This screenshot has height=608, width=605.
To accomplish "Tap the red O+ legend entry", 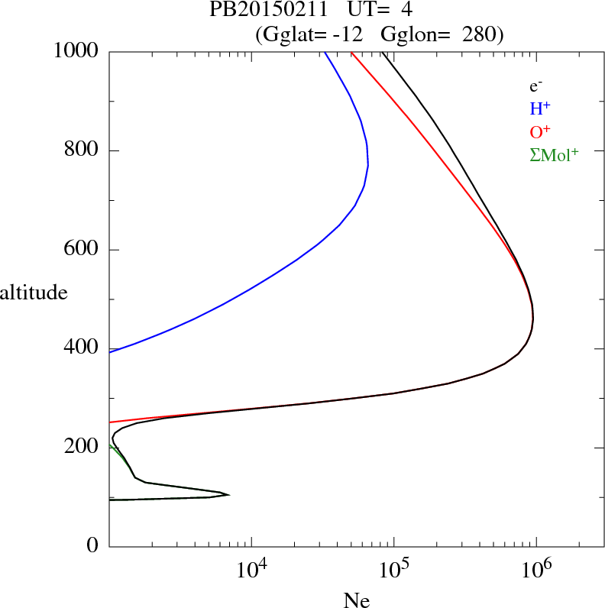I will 540,131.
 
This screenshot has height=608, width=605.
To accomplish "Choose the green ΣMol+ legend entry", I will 553,155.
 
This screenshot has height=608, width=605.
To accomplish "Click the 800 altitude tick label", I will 82,150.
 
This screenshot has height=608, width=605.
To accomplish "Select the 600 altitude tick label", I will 82,250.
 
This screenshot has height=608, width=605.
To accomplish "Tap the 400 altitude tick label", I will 82,348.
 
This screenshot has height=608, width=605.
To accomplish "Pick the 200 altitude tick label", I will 82,448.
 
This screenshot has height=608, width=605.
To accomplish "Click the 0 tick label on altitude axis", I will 93,546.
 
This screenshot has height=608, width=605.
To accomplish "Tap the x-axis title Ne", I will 356,600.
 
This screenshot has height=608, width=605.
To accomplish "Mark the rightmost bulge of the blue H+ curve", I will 368,164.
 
